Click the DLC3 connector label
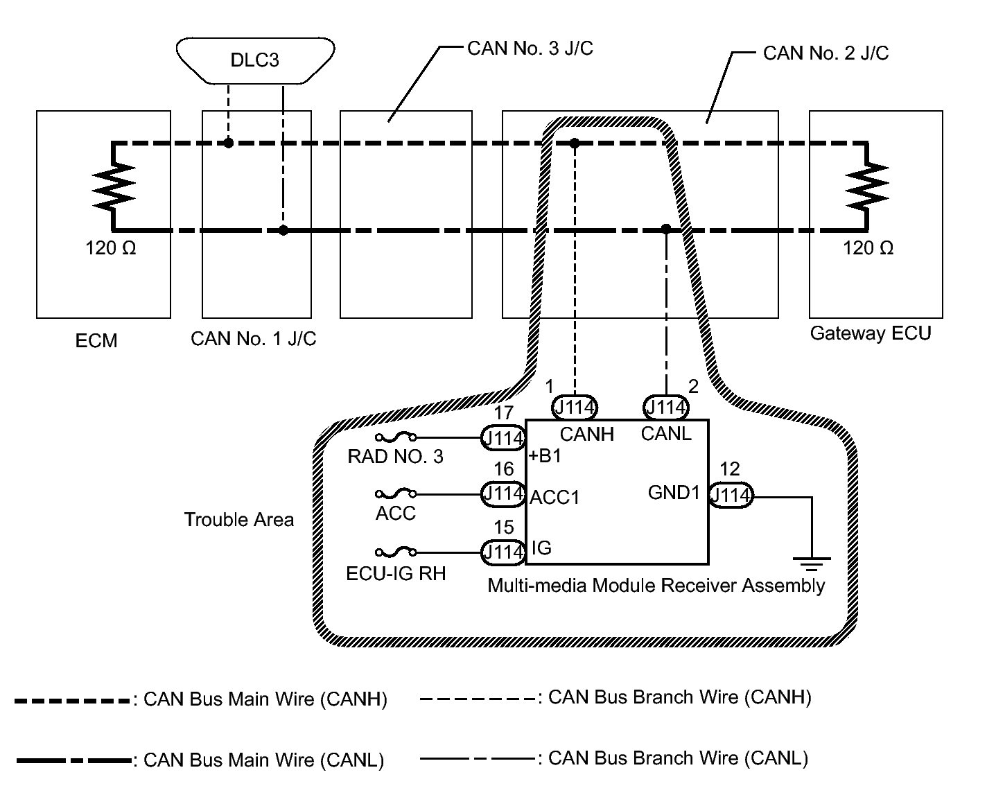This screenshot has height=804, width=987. pos(254,60)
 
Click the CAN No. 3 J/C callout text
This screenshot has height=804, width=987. pos(530,49)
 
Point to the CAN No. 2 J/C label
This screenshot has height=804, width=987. pos(826,53)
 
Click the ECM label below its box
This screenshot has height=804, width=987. pos(96,341)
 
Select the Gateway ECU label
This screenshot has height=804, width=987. pos(871,333)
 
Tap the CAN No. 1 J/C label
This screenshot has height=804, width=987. pos(254,339)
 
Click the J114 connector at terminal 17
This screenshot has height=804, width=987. pos(503,438)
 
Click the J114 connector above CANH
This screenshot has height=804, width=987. pos(575,408)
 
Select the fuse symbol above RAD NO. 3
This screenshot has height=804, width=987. pos(396,437)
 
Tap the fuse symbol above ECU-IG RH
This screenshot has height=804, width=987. pos(396,552)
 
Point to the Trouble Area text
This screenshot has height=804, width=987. pos(239,520)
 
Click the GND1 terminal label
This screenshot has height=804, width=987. pos(674,493)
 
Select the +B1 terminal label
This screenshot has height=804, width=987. pos(545,457)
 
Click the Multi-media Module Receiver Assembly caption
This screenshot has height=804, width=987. pos(656,586)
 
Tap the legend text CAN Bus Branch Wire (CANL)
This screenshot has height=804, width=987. pos(678,758)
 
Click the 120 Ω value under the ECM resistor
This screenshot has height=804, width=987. pos(111,248)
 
